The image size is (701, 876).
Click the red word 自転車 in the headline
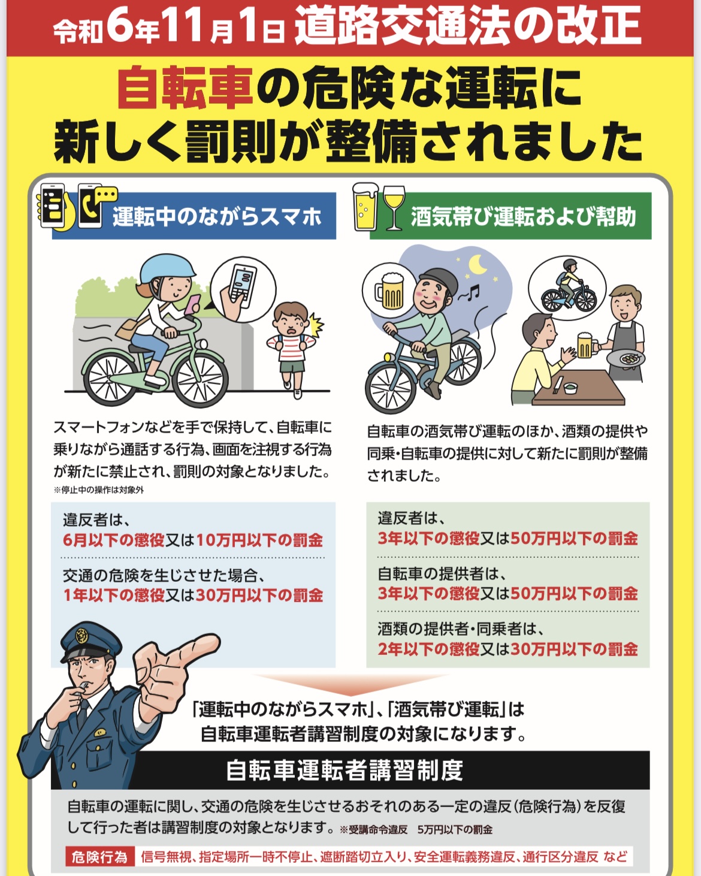pos(186,88)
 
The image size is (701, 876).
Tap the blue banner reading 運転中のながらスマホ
pos(194,216)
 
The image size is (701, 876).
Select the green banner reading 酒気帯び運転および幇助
pos(510,216)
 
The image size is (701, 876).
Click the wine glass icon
pos(394,207)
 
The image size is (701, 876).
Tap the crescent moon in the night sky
pos(479,265)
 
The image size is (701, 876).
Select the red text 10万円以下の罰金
pos(259,540)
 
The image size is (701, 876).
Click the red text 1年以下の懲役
pos(114,596)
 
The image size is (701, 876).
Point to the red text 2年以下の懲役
pos(428,650)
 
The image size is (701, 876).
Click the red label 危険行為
pos(99,857)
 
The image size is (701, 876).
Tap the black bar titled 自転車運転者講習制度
pos(350,770)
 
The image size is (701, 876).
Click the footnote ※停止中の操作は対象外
pos(98,490)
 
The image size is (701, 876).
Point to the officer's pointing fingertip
pos(213,642)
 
